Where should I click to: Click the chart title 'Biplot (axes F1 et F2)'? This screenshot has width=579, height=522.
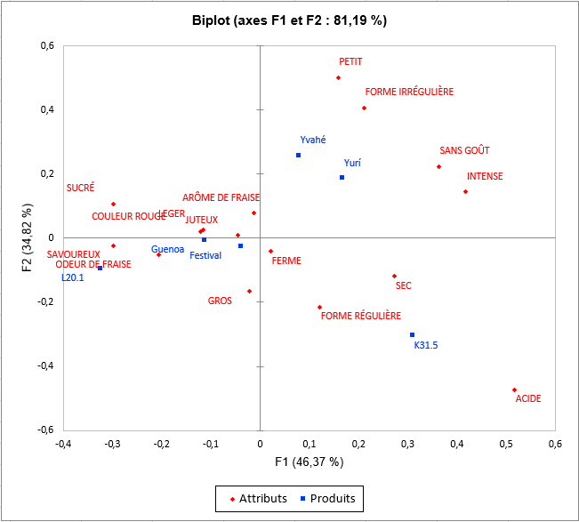(289, 20)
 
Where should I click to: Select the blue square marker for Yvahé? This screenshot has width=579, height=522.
(298, 156)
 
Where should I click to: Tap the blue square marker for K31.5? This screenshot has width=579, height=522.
(412, 335)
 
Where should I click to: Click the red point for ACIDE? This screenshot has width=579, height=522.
(514, 389)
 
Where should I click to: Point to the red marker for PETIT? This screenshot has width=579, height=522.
(339, 78)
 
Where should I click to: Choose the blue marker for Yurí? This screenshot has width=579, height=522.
(342, 178)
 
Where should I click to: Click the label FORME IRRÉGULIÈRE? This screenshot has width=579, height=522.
(409, 92)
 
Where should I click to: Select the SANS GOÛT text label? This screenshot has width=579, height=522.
(464, 151)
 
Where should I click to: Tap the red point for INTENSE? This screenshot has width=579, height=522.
(465, 192)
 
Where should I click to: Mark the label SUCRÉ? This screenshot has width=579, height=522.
(80, 189)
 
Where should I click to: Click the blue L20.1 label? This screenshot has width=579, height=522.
(72, 278)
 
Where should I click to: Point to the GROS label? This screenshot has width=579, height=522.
(220, 301)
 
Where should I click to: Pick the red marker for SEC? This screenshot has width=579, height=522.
(394, 276)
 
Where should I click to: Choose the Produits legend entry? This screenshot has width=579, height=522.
(331, 499)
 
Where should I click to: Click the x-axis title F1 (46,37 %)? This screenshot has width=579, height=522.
(309, 462)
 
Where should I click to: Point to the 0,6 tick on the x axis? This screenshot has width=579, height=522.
(555, 443)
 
